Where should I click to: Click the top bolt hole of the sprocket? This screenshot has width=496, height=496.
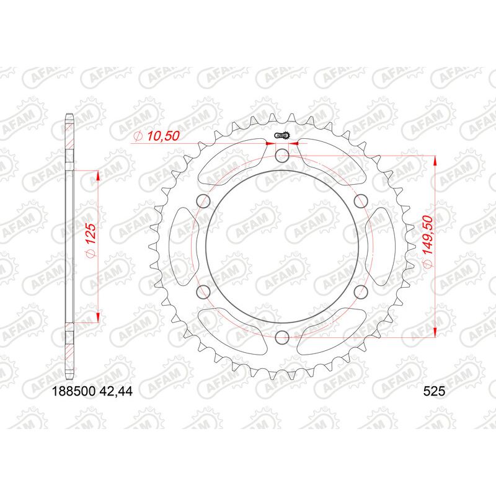[283, 156]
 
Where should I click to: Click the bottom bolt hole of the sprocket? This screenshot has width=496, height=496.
[283, 337]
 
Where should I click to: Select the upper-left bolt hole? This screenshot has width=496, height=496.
[203, 200]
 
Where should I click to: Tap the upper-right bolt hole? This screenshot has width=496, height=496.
[362, 200]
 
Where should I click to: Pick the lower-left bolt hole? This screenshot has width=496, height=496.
[203, 291]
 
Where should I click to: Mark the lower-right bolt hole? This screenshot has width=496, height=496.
[362, 291]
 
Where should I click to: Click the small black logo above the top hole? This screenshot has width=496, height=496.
[283, 136]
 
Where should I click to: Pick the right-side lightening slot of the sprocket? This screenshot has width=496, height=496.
[387, 246]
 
